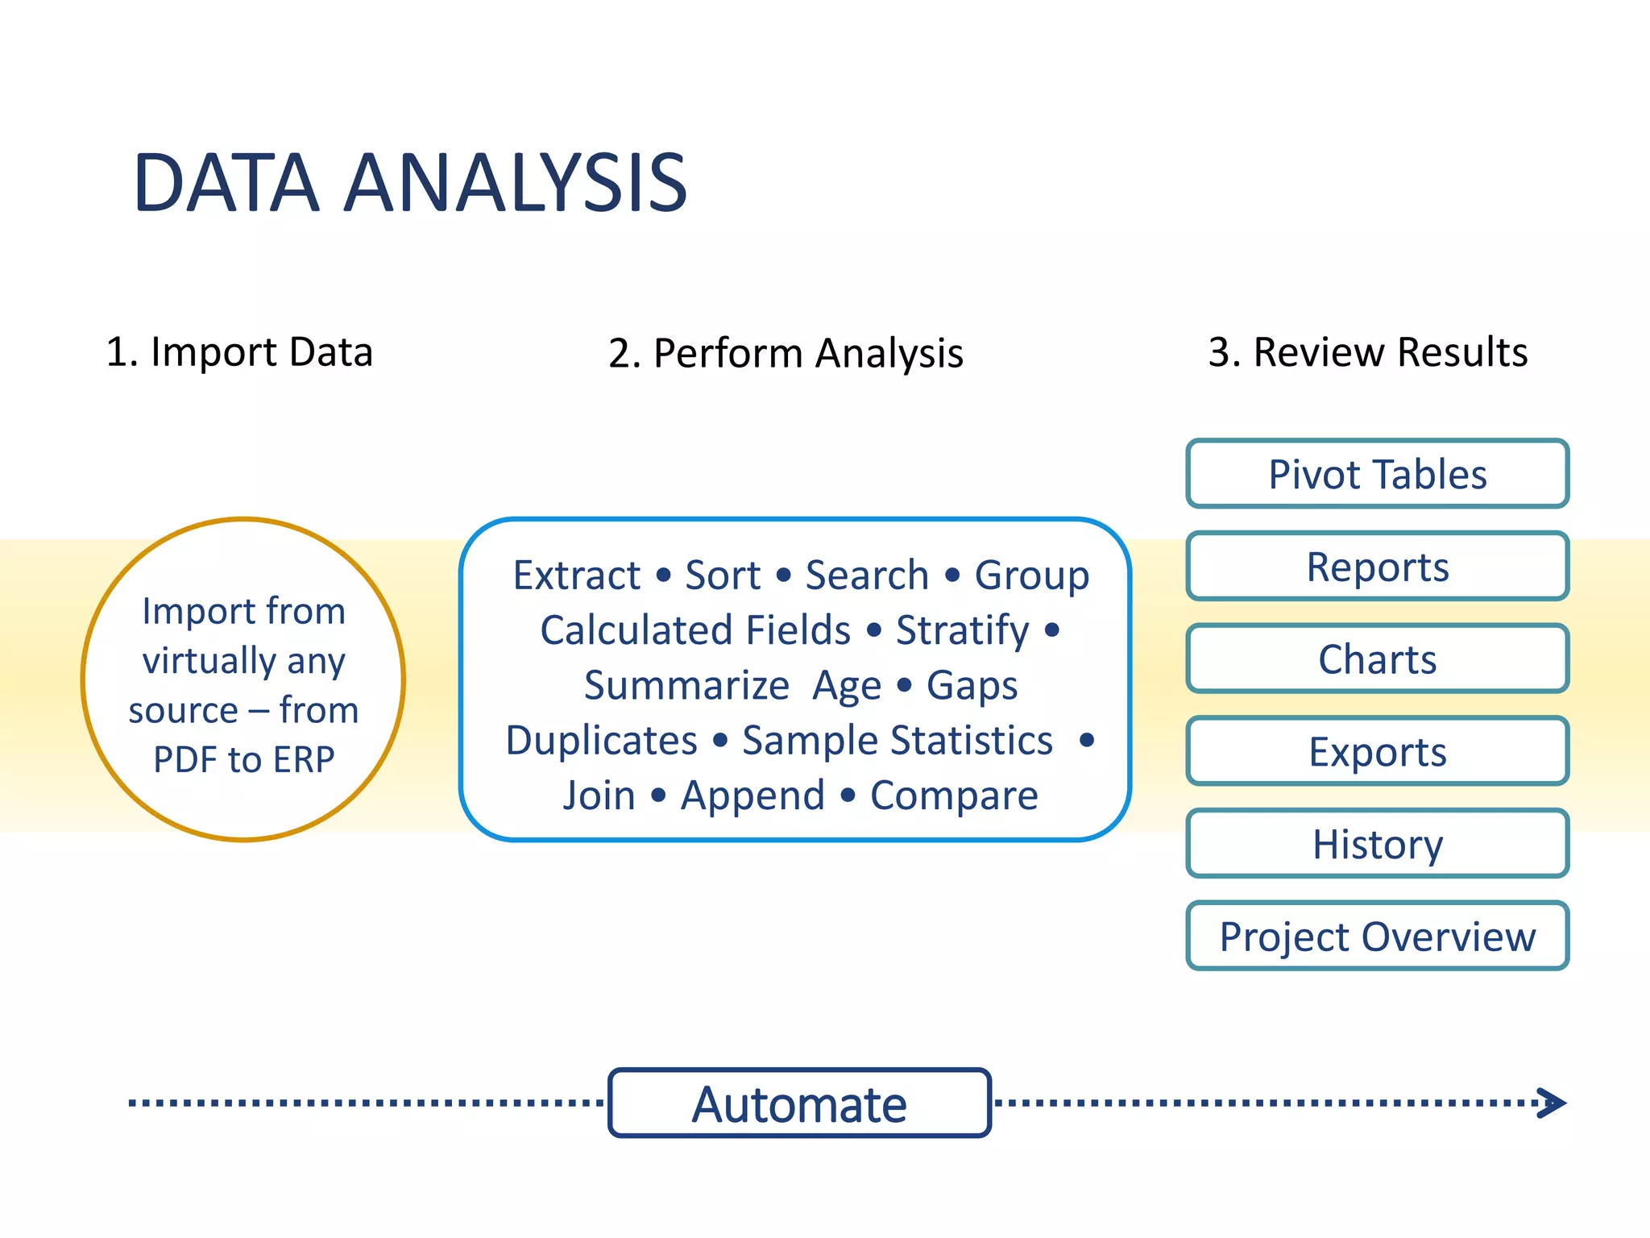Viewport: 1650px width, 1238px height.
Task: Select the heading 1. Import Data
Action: point(239,352)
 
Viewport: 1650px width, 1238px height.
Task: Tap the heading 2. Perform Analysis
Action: point(786,354)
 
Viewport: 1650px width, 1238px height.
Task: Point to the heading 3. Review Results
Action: point(1367,352)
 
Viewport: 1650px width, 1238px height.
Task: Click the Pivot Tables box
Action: point(1377,474)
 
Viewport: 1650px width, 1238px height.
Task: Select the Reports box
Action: point(1377,567)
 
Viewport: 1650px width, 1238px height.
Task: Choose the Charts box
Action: point(1377,659)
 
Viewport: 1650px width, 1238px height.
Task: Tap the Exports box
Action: point(1377,752)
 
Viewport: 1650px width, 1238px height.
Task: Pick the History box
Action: point(1377,844)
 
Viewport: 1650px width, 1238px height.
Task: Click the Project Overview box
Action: point(1377,937)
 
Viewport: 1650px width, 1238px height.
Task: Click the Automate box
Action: point(799,1103)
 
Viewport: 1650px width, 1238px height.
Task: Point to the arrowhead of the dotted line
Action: point(1553,1103)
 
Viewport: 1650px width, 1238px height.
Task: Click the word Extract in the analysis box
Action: point(577,575)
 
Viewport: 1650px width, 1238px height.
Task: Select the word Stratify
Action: point(962,630)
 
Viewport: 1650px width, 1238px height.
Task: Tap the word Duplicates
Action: point(601,740)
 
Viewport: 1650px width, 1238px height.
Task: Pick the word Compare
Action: point(954,796)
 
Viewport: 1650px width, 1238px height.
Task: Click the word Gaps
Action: point(972,686)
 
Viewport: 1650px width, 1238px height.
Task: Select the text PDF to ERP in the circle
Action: point(243,759)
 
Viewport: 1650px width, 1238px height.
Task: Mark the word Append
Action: point(752,796)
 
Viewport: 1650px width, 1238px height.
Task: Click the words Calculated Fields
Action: point(695,630)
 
